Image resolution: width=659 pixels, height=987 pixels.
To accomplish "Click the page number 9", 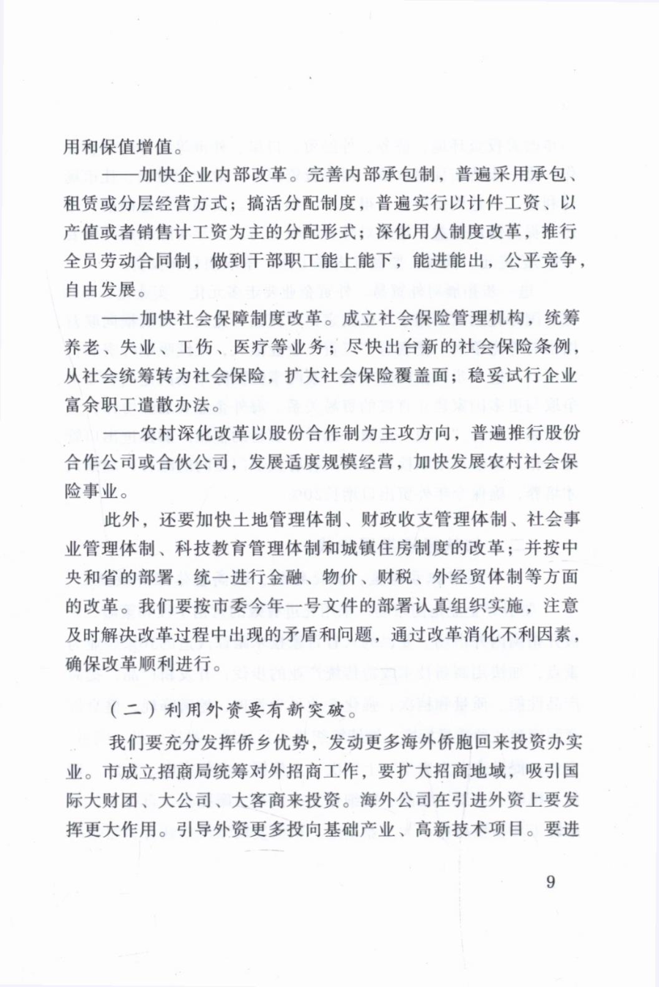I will click(x=551, y=881).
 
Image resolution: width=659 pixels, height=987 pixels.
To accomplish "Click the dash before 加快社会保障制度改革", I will click(x=120, y=318).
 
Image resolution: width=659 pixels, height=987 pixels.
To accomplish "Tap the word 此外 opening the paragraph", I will click(x=120, y=520).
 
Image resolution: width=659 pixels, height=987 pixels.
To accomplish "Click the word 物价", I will click(x=340, y=577).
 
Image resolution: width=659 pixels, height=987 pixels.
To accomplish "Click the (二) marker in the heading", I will click(x=124, y=709).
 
